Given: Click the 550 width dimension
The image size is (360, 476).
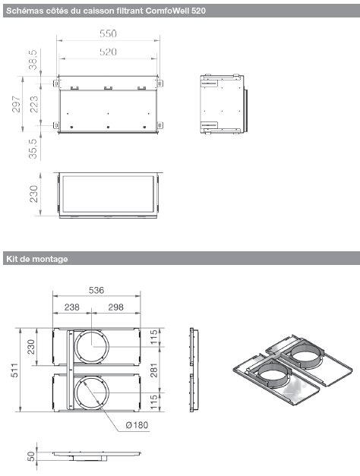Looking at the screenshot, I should pos(109,34).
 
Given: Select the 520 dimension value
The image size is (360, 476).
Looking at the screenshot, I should pos(109,52).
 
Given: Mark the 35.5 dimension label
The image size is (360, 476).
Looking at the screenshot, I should pos(33,146).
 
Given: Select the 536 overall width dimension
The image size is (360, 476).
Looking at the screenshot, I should pos(96,290).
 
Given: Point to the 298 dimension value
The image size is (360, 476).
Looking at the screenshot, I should pos(115,307).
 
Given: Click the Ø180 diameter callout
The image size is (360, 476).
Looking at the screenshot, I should pos(137,425).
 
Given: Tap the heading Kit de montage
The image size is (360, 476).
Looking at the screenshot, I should pos(36,259).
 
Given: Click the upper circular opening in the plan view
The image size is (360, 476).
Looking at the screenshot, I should pos(91,348).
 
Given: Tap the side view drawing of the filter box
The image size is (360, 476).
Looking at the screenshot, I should pos(222,102).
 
